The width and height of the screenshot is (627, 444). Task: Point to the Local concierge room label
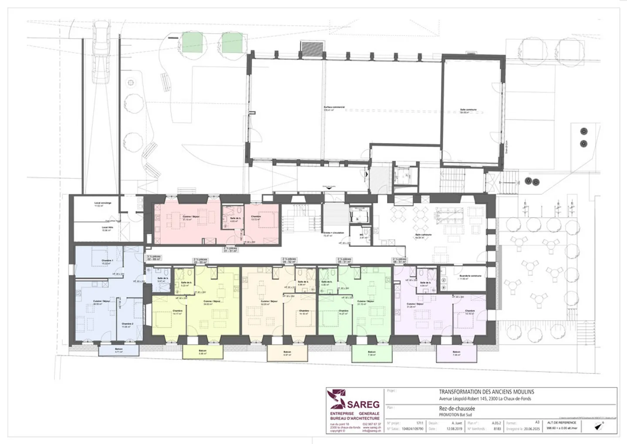pos(103,204)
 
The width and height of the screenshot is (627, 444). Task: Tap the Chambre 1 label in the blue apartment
pos(107,262)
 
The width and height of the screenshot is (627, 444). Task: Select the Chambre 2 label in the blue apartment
pos(127,324)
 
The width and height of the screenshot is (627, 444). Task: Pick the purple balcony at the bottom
pos(456,353)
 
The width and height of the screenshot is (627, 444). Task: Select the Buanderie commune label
pos(470,277)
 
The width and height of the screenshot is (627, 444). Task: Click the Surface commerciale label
pos(334,108)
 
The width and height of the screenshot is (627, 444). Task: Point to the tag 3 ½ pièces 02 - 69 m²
pos(154,258)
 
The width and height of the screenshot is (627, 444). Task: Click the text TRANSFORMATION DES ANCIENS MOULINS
pos(486,392)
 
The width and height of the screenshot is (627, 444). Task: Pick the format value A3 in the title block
pos(537,422)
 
